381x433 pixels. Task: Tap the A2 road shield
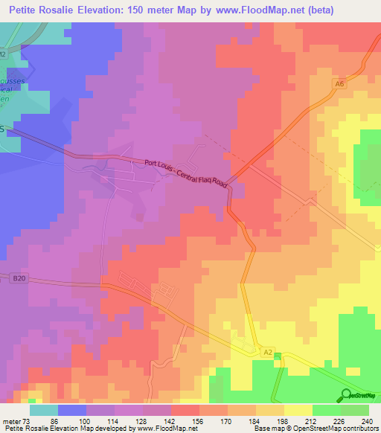point(268,350)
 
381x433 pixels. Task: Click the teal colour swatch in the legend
point(44,409)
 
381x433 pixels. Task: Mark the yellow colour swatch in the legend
point(298,409)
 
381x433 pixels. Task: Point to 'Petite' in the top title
point(28,10)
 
